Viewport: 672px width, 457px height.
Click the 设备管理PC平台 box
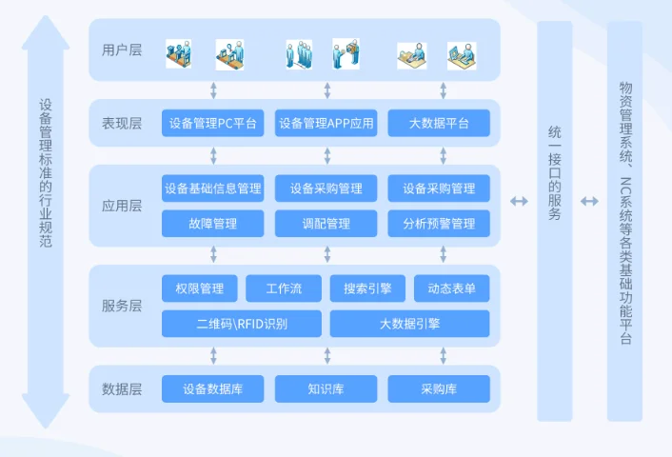click(x=212, y=124)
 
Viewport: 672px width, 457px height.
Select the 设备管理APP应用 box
click(x=326, y=124)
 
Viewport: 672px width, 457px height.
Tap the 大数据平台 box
click(x=439, y=124)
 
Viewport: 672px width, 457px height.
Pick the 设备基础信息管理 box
click(x=212, y=189)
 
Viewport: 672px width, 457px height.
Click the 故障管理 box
click(x=212, y=225)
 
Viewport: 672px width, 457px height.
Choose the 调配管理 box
click(x=326, y=225)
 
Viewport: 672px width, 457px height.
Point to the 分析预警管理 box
click(x=439, y=225)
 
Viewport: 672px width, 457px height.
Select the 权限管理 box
click(x=199, y=288)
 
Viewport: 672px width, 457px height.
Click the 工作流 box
click(x=284, y=288)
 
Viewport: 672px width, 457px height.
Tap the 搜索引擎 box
click(x=367, y=288)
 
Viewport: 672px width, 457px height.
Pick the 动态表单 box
click(x=452, y=288)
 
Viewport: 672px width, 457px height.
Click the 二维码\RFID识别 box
click(x=241, y=324)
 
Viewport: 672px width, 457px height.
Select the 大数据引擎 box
click(x=409, y=324)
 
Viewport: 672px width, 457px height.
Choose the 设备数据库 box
click(x=212, y=388)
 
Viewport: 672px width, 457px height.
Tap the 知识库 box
click(x=326, y=388)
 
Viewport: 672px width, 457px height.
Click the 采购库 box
click(x=439, y=388)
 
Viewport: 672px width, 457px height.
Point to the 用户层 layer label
click(x=122, y=50)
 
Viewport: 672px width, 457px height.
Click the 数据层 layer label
click(x=122, y=388)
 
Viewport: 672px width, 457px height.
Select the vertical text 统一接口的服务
click(x=555, y=170)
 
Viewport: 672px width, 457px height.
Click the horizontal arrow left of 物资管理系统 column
click(x=590, y=201)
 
